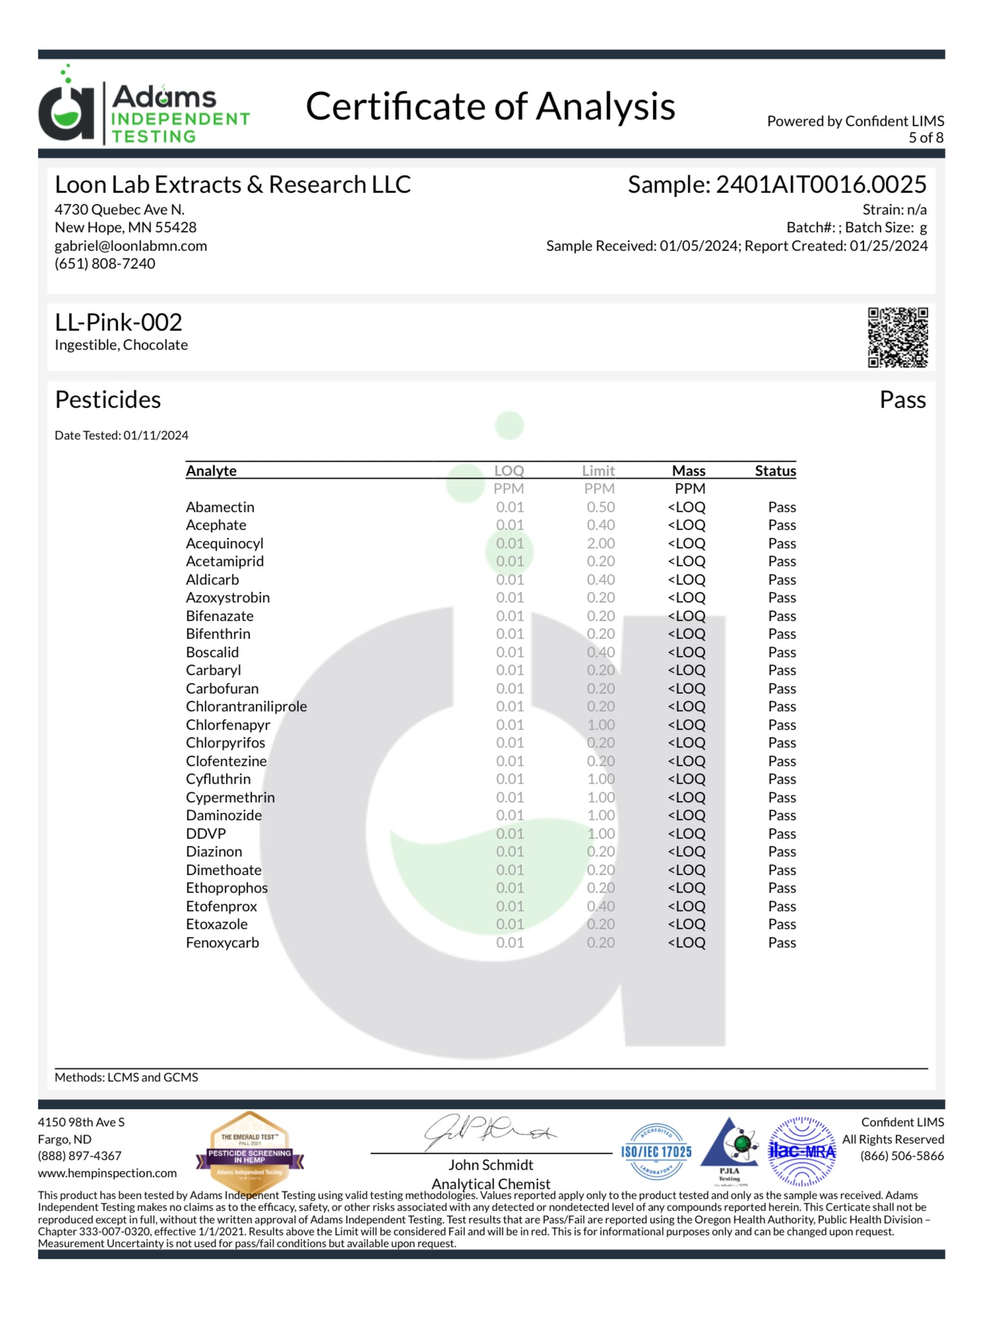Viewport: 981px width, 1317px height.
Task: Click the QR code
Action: (x=897, y=337)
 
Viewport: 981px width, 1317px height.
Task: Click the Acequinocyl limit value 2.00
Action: (x=601, y=544)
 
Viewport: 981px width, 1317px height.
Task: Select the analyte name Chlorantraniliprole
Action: (x=246, y=707)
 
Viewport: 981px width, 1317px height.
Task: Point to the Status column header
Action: (x=775, y=470)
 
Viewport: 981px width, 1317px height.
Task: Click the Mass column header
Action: (x=688, y=470)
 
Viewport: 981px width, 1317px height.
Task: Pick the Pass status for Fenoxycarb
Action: (x=782, y=943)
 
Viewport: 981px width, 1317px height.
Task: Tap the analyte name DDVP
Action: (x=206, y=834)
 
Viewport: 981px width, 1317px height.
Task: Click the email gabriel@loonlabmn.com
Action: (x=131, y=246)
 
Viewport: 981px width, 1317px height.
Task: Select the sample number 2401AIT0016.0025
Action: (x=821, y=185)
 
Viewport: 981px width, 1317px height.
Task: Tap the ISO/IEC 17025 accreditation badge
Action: (x=656, y=1151)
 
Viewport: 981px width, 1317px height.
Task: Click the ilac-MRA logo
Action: (x=802, y=1151)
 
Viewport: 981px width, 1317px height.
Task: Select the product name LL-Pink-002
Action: (x=119, y=322)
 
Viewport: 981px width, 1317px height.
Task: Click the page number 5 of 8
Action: (x=926, y=138)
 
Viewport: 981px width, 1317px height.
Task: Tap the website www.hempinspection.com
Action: (x=107, y=1173)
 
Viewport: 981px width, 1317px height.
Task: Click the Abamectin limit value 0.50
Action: (x=601, y=508)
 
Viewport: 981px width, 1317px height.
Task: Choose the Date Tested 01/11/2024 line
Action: (x=122, y=435)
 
